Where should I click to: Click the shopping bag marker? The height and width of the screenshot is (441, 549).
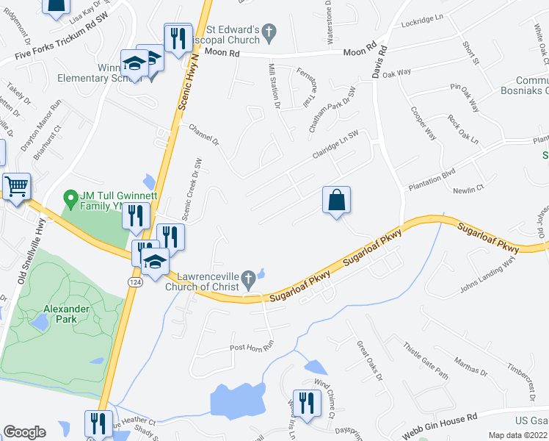click(x=336, y=200)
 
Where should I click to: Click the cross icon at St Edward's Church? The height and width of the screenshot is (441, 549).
click(x=269, y=31)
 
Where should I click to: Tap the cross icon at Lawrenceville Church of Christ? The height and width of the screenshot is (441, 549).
click(x=249, y=277)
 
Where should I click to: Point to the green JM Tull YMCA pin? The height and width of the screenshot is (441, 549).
click(x=71, y=197)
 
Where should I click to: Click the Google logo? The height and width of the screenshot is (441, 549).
click(x=24, y=432)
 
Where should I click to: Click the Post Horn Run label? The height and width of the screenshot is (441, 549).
click(x=251, y=345)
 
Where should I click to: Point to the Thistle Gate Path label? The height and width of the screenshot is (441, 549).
click(x=426, y=359)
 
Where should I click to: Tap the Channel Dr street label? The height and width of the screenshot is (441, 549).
click(x=203, y=135)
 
